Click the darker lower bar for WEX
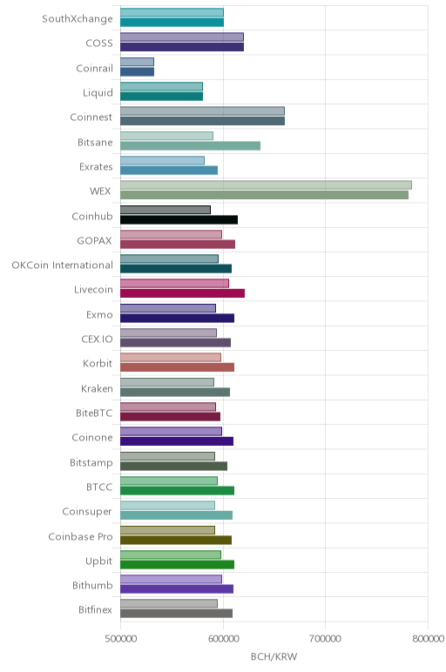pos(264,195)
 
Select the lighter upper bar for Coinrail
pos(138,62)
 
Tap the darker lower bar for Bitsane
pos(191,145)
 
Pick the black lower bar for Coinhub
pos(179,220)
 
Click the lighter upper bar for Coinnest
pos(202,111)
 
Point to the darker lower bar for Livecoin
pos(183,293)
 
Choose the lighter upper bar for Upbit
pos(171,554)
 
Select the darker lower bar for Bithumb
pos(177,588)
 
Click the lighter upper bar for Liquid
pos(162,86)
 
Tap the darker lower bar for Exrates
pos(169,170)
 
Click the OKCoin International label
pos(62,265)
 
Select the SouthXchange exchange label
pos(78,19)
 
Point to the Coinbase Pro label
pos(80,536)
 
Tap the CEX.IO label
pos(97,339)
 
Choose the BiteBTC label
pos(94,413)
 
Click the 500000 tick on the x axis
pos(120,639)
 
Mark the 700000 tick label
pos(325,639)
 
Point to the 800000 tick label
pos(428,639)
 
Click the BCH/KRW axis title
pos(274,656)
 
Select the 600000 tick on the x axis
pos(223,639)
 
